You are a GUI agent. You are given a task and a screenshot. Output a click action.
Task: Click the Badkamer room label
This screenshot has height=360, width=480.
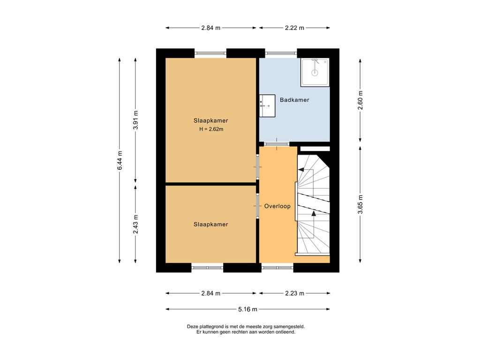(294, 100)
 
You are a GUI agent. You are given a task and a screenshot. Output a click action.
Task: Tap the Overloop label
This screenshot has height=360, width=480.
(277, 206)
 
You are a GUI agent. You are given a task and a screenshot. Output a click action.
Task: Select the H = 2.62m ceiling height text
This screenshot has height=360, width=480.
(211, 129)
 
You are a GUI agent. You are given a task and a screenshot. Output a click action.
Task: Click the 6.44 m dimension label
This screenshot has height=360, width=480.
(120, 160)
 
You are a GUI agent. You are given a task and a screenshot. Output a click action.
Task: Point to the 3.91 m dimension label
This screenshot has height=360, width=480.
(135, 120)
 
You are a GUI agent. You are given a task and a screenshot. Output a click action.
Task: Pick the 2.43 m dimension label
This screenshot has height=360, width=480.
(135, 224)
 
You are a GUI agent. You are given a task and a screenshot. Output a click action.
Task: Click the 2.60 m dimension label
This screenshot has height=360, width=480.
(360, 100)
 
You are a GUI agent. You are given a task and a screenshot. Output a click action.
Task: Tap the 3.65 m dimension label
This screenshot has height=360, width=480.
(360, 204)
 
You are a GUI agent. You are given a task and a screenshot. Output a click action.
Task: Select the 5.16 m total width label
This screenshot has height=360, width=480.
(247, 309)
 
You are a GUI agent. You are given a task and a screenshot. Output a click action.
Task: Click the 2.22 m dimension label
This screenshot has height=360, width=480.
(294, 28)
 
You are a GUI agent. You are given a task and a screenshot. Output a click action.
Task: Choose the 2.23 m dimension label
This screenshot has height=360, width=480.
(294, 293)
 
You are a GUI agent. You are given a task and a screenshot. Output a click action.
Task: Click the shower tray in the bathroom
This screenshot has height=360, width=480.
(315, 72)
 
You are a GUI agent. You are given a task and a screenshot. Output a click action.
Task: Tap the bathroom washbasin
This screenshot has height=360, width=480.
(267, 105)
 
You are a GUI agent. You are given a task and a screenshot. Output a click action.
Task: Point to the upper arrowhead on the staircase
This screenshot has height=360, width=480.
(301, 169)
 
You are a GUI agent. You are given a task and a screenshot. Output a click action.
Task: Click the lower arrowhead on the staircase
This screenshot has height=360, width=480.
(314, 213)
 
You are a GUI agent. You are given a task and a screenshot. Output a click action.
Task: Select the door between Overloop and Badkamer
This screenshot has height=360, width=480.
(277, 144)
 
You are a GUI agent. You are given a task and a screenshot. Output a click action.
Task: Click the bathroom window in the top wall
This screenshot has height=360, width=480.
(281, 53)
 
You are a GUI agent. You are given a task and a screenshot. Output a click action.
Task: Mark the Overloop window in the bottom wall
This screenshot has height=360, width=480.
(277, 268)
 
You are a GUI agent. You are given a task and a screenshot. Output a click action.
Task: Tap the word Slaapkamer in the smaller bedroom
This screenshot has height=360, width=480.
(210, 225)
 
